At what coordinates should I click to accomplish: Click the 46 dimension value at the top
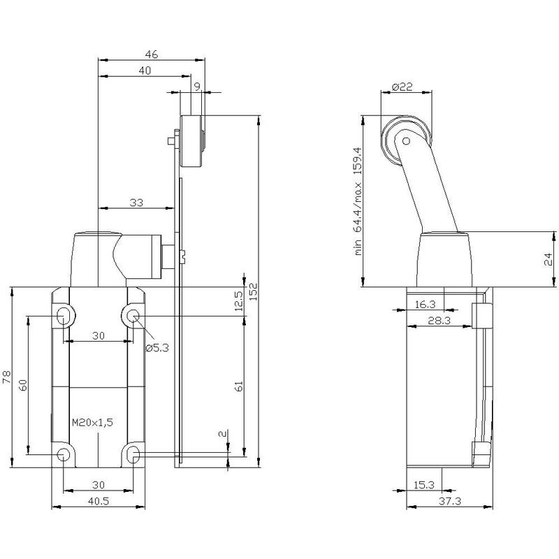pyautogui.click(x=151, y=55)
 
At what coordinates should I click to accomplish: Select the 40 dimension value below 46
pyautogui.click(x=145, y=71)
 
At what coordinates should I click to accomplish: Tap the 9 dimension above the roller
pyautogui.click(x=197, y=86)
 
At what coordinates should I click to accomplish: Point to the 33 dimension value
pyautogui.click(x=136, y=203)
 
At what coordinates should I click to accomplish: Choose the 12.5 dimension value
pyautogui.click(x=238, y=301)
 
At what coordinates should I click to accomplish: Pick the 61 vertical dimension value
pyautogui.click(x=238, y=386)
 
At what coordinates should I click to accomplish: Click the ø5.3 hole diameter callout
pyautogui.click(x=157, y=347)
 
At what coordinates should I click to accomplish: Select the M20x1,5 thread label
pyautogui.click(x=92, y=423)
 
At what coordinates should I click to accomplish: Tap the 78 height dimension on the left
pyautogui.click(x=7, y=377)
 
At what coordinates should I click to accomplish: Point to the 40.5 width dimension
pyautogui.click(x=99, y=501)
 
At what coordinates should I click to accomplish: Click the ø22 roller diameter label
pyautogui.click(x=402, y=87)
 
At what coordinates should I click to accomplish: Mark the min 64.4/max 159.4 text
pyautogui.click(x=358, y=201)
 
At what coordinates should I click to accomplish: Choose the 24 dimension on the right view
pyautogui.click(x=548, y=259)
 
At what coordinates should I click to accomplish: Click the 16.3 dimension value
pyautogui.click(x=426, y=304)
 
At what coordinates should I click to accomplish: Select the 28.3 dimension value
pyautogui.click(x=440, y=320)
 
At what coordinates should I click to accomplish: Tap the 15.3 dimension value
pyautogui.click(x=424, y=484)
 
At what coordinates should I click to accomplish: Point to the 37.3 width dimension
pyautogui.click(x=450, y=501)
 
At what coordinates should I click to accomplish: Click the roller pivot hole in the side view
pyautogui.click(x=406, y=141)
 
